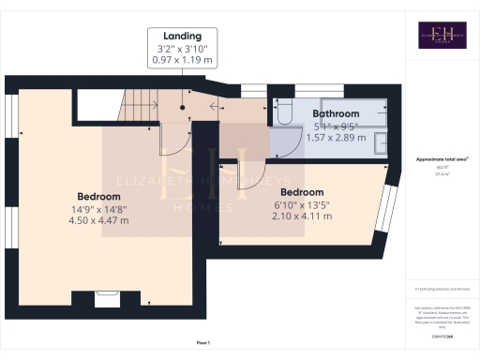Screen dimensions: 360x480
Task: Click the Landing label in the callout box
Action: (x=183, y=37)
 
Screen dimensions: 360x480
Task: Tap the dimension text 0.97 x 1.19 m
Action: (x=183, y=60)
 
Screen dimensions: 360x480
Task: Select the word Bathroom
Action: (x=336, y=112)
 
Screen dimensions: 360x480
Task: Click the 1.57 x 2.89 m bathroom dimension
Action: (x=336, y=137)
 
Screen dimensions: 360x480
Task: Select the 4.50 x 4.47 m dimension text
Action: (x=98, y=220)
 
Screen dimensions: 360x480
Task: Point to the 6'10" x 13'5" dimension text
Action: (x=302, y=203)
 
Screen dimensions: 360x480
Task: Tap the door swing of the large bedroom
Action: (x=174, y=141)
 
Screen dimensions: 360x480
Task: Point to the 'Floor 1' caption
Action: (x=203, y=343)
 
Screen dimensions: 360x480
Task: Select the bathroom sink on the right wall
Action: (x=380, y=142)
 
